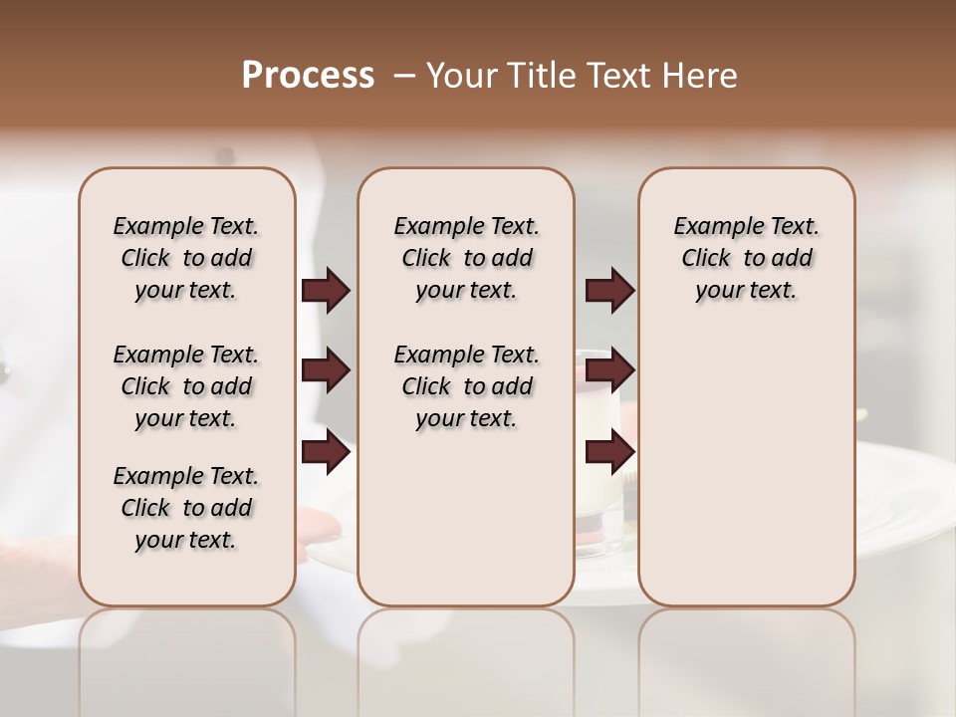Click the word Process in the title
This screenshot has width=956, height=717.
tap(308, 75)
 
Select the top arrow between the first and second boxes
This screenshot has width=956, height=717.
tap(326, 290)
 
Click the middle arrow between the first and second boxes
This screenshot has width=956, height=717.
tap(326, 370)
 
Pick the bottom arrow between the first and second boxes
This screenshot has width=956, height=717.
tap(326, 453)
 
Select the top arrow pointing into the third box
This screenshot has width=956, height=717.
tap(609, 290)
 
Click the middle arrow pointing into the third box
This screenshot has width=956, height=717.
tap(609, 370)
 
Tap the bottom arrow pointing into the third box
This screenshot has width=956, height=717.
tap(609, 453)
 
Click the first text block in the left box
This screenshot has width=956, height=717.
tap(186, 258)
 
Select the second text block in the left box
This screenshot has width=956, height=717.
tap(186, 386)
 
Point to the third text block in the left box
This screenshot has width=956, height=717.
tap(186, 508)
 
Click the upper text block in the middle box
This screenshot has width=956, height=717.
tap(466, 258)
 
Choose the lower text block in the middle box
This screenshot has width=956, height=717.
tap(466, 386)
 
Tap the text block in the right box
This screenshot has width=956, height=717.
tap(747, 258)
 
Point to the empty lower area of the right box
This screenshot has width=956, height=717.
tap(747, 468)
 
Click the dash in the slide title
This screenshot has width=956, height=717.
tap(403, 76)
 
